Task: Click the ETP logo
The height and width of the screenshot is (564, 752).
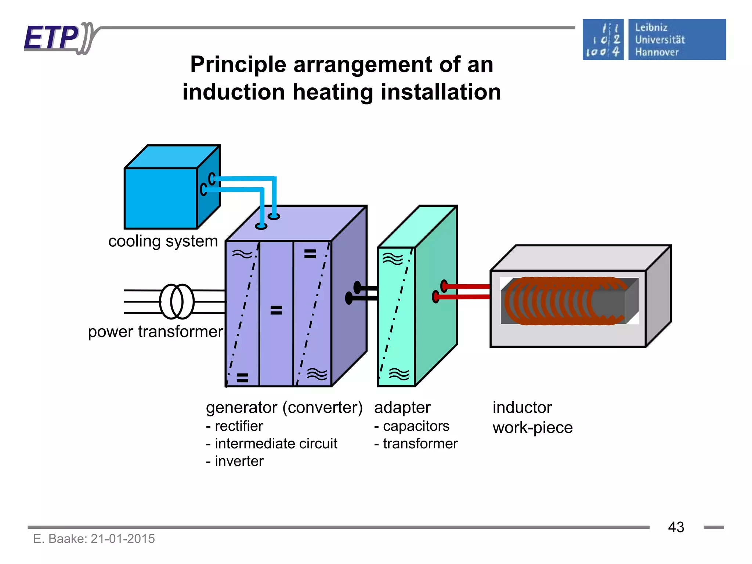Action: coord(55,38)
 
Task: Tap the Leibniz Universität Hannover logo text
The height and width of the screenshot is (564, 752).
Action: coord(660,40)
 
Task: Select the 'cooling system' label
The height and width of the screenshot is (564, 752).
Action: coord(163,241)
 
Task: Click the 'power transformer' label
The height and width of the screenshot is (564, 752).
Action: coord(155,332)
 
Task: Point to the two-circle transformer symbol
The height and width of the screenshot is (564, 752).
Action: coord(177,301)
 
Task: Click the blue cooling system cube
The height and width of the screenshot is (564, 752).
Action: coord(161,198)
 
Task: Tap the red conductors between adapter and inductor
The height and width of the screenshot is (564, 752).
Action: coord(466,292)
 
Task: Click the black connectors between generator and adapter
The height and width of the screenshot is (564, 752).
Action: coord(364,293)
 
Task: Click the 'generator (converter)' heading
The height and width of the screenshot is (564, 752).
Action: coord(284,408)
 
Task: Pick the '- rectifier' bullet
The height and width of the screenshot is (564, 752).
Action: coord(235,426)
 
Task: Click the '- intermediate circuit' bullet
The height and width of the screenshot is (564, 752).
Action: coord(271,444)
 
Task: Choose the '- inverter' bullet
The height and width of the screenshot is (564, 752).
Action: coord(235,461)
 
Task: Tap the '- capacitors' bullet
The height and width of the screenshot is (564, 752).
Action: coord(412,426)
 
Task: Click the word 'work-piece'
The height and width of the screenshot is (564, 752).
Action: coord(532,428)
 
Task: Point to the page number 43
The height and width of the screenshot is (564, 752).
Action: coord(676,527)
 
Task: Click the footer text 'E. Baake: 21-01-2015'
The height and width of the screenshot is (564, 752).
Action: coord(94,539)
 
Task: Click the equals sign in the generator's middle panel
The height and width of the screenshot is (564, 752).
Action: coord(276,310)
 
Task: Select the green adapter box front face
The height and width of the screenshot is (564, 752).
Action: coord(396,316)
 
